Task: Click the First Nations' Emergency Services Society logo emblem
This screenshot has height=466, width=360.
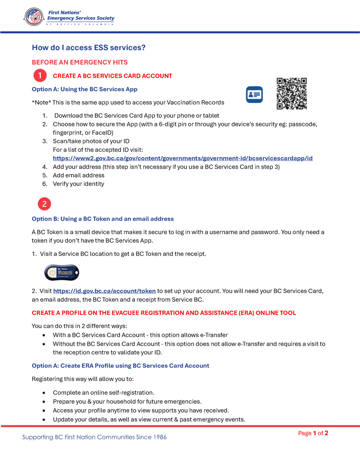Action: coord(34,17)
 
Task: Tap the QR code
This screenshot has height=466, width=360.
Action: coord(291,94)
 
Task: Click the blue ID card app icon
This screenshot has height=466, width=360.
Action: coord(254,95)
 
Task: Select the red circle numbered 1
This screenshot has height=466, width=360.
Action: coord(40,76)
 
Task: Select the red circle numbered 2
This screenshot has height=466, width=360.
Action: coord(44,204)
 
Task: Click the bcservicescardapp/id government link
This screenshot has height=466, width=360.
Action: coord(182,158)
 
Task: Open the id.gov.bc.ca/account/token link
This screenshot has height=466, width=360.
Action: coord(104,291)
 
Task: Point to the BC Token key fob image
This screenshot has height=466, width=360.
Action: coord(62,273)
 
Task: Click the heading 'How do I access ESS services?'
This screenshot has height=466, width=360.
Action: coord(88,48)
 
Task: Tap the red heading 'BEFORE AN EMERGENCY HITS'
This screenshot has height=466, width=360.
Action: coord(80,62)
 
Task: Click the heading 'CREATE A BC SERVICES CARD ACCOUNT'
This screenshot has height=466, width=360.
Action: coord(112,76)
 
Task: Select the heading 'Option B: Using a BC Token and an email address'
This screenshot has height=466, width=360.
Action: coord(102,219)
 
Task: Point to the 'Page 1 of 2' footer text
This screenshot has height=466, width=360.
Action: coord(313,433)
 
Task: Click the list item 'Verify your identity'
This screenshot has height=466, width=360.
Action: coord(78,184)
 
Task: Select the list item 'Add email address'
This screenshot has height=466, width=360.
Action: coord(78,175)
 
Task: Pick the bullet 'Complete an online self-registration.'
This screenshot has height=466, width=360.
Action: coord(104,393)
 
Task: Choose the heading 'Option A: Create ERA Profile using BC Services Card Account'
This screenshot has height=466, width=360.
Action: coord(120,366)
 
